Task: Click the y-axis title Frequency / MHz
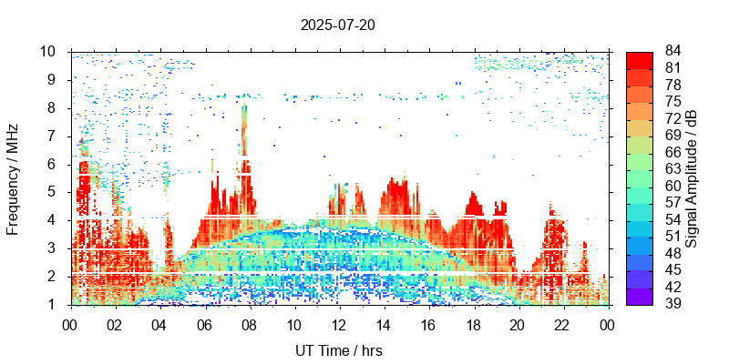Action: click(x=13, y=177)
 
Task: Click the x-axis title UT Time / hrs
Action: click(x=338, y=350)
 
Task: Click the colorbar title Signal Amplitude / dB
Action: click(x=692, y=177)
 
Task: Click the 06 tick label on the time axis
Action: click(x=204, y=324)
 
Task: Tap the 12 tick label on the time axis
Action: click(x=338, y=324)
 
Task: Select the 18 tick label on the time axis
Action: click(x=473, y=324)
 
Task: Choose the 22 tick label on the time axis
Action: click(x=562, y=324)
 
